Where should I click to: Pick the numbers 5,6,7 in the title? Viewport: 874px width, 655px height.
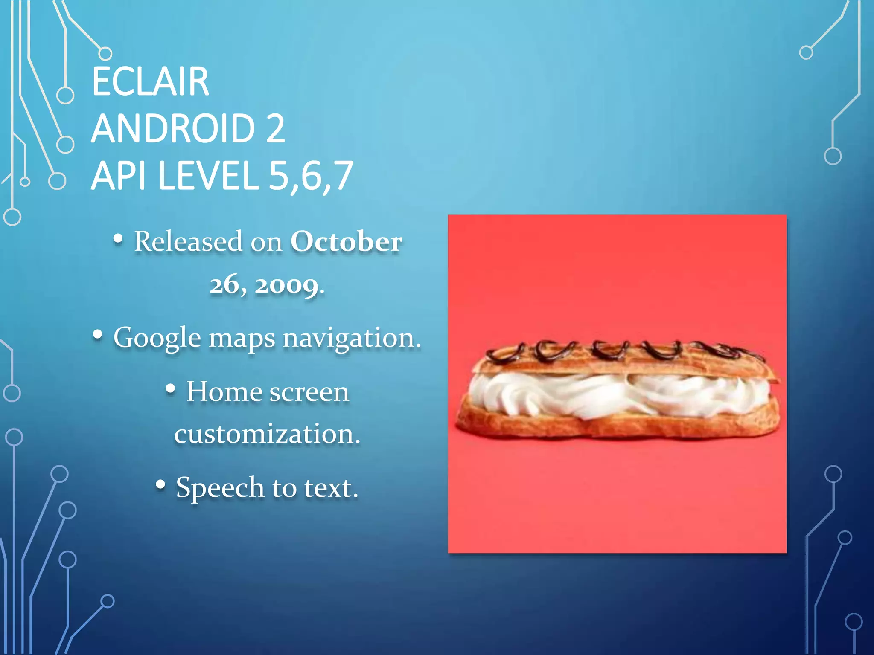[x=311, y=176]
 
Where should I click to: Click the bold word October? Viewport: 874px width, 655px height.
[x=346, y=242]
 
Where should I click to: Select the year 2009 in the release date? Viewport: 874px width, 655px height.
[x=287, y=285]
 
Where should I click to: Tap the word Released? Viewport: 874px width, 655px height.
[x=188, y=241]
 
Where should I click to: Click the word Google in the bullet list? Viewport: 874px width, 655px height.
[x=157, y=338]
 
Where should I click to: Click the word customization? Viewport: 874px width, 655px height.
[x=267, y=434]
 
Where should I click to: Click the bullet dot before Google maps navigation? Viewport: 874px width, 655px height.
[x=98, y=335]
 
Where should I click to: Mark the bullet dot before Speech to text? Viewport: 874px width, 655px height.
[x=160, y=484]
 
